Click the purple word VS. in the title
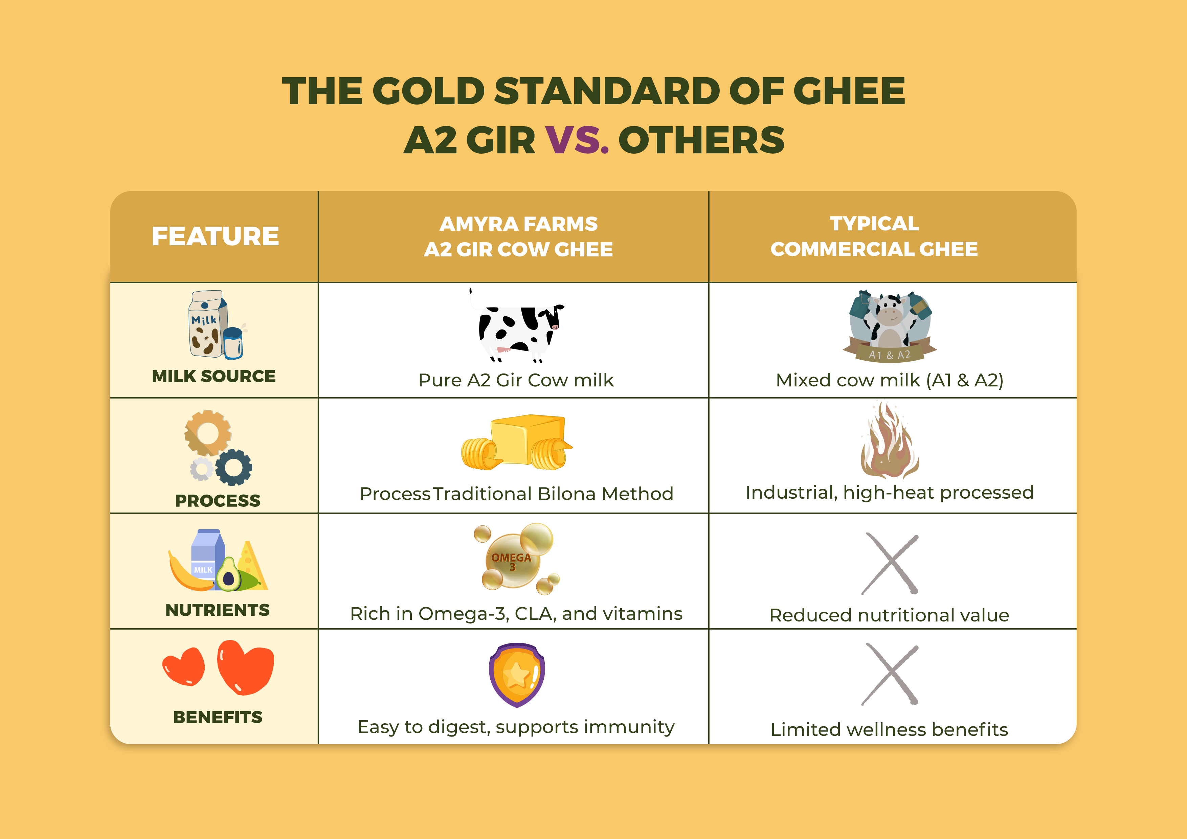(x=577, y=141)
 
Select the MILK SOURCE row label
(x=214, y=376)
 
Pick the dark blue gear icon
(x=234, y=467)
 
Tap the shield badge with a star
(x=516, y=674)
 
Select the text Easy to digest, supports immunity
(x=516, y=727)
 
